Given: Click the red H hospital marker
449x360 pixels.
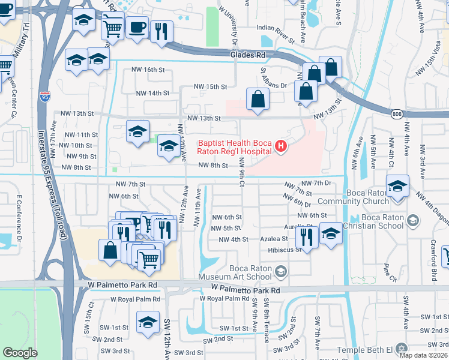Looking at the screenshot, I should click(280, 146).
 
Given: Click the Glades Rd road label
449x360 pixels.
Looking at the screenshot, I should click(247, 55).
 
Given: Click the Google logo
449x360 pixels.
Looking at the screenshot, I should click(20, 353).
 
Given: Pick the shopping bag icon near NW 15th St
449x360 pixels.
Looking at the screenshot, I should click(258, 99).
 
